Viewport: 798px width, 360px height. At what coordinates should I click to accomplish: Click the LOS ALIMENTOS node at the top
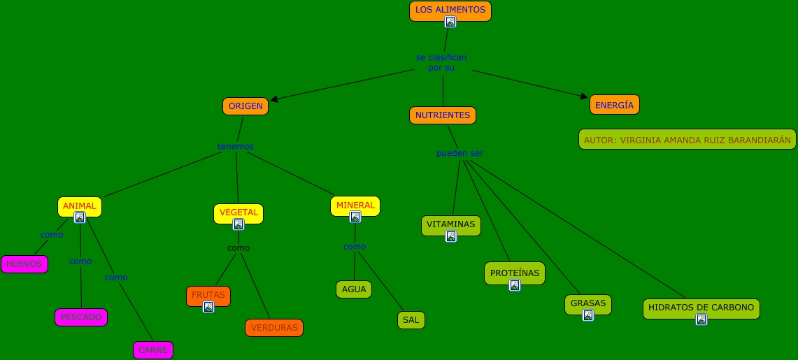tap(450, 10)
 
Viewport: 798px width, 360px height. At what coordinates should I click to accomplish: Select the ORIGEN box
tap(245, 106)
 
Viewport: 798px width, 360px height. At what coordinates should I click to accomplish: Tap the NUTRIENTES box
tap(442, 115)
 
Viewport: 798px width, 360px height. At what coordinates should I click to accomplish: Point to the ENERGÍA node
tap(614, 105)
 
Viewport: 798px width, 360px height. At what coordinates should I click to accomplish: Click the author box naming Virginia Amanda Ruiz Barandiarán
tap(687, 140)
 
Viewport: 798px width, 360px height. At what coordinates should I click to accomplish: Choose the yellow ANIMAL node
tap(79, 206)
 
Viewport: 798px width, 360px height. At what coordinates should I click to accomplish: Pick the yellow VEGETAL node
tap(238, 212)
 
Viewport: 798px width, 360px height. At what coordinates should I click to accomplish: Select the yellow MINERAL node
tap(355, 205)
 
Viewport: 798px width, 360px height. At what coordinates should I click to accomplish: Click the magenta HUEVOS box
tap(24, 264)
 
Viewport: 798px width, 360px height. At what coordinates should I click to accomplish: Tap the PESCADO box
tap(81, 317)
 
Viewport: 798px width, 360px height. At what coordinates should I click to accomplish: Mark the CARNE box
tap(152, 350)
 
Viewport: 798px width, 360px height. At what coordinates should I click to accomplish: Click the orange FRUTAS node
tap(208, 294)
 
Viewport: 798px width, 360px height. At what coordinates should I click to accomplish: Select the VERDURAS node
tap(274, 328)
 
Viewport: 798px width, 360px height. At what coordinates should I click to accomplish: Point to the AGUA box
tap(354, 289)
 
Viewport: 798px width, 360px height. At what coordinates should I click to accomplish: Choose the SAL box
tap(411, 320)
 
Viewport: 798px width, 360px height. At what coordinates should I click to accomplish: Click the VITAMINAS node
tap(450, 224)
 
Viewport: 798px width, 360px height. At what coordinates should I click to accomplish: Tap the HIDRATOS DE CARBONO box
tap(701, 307)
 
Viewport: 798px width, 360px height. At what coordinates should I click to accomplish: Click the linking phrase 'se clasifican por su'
tap(441, 62)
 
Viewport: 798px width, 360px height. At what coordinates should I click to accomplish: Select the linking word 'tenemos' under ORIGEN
tap(236, 146)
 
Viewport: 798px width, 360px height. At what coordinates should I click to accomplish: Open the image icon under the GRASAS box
tap(588, 315)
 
